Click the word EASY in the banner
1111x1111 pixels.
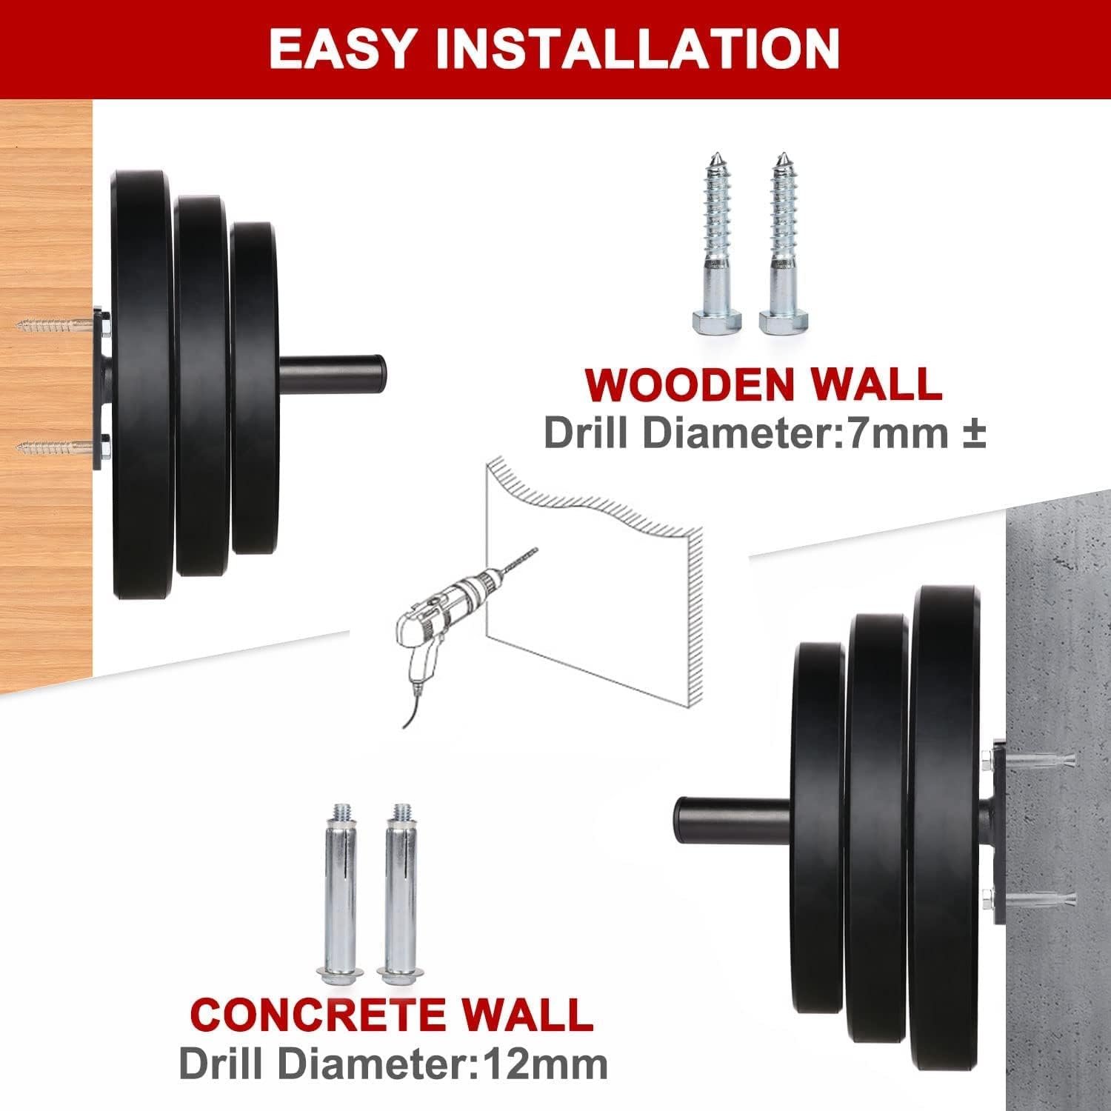(340, 50)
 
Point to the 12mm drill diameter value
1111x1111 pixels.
(545, 1064)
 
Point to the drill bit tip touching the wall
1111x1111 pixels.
(537, 549)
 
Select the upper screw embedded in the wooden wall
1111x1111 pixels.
(58, 324)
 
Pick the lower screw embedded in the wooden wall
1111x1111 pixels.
(58, 447)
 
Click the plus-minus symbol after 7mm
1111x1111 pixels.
(973, 433)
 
